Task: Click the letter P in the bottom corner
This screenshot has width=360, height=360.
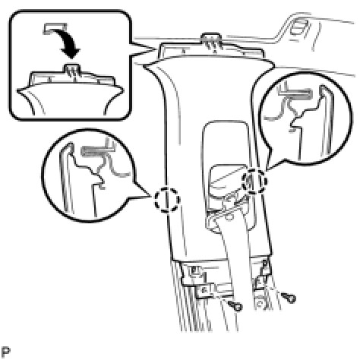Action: point(5,352)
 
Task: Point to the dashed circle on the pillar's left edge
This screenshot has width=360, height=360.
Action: point(167,200)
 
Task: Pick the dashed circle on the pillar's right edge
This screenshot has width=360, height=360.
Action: point(254,181)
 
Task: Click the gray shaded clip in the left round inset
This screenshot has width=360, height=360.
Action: point(97,151)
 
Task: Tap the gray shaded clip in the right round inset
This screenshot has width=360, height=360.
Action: point(295,93)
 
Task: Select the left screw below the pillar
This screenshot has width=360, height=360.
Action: point(235,306)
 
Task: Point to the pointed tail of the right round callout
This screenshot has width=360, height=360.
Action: point(267,169)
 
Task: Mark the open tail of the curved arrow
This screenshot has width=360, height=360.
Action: point(55,28)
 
